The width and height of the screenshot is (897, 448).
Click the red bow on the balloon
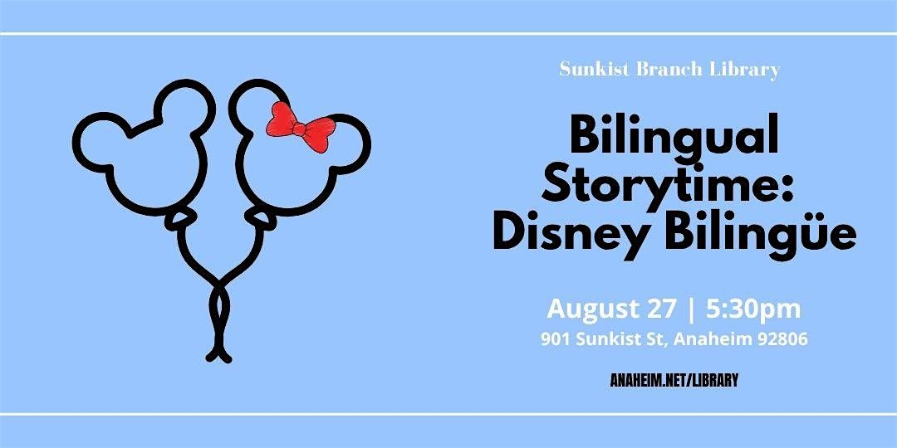click(x=300, y=127)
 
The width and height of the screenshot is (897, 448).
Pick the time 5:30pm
click(x=753, y=309)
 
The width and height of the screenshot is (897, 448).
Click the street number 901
click(x=555, y=339)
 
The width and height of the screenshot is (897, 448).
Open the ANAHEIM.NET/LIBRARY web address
click(x=674, y=380)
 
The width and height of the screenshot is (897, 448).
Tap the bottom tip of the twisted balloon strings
click(x=218, y=359)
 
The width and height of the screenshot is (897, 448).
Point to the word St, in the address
click(x=659, y=340)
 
